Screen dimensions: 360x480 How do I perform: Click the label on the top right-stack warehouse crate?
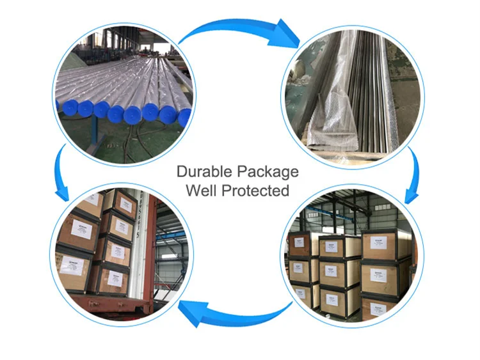click(x=378, y=244)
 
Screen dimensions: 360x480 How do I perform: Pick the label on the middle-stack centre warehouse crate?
click(x=332, y=271)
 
